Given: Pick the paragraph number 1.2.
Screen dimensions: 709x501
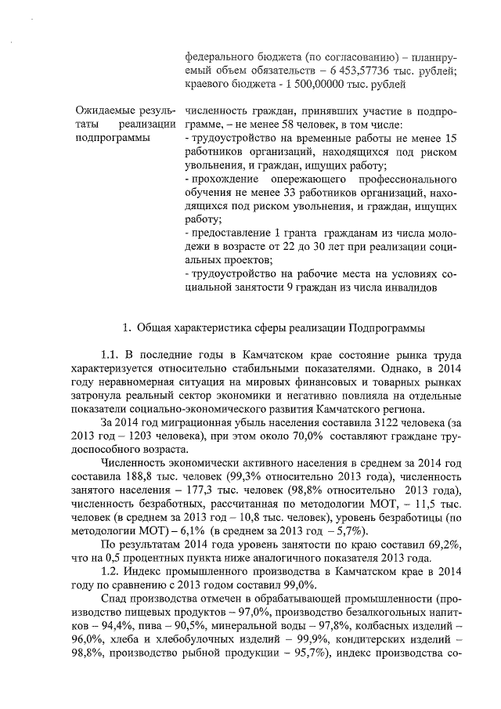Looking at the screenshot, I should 112,573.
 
